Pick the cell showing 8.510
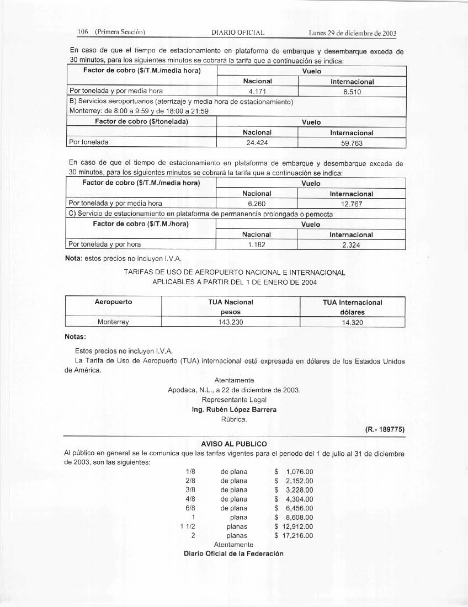[352, 91]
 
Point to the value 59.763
[352, 143]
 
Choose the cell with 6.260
[257, 203]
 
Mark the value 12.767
[351, 203]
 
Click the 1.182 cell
[257, 244]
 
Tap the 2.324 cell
[351, 244]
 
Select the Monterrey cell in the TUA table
[113, 322]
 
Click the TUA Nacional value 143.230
[230, 322]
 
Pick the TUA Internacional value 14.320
[352, 322]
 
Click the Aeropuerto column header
[113, 302]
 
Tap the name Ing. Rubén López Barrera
[233, 409]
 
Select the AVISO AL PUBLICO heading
[234, 444]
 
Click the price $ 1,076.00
[294, 472]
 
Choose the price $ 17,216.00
[294, 535]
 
